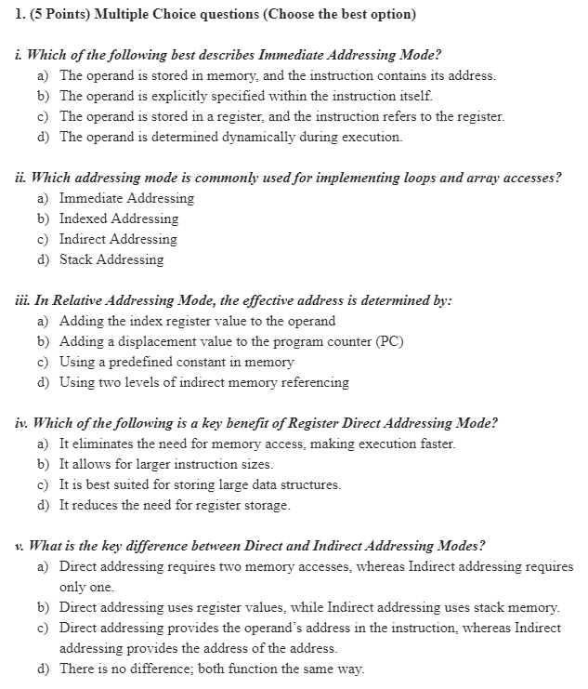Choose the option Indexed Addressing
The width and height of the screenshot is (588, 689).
pos(119,219)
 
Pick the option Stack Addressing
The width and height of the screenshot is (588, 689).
pos(111,259)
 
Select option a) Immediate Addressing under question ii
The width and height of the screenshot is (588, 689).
pos(126,198)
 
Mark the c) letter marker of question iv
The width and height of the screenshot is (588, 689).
pos(44,484)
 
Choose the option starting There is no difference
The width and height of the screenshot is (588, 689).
pos(212,669)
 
